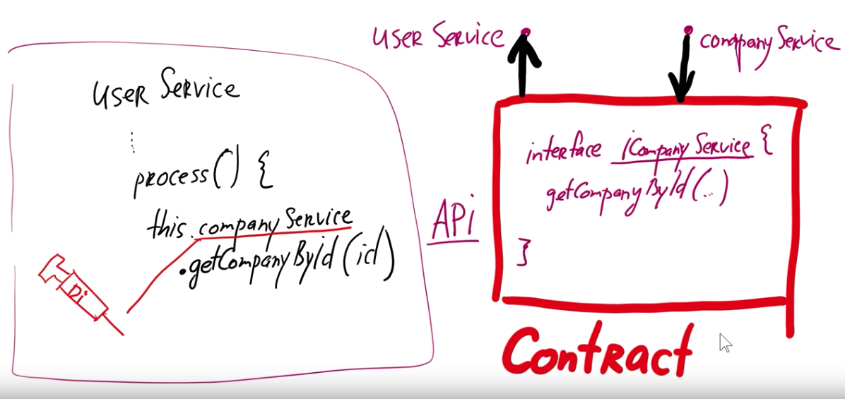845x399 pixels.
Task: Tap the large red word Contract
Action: pyautogui.click(x=596, y=351)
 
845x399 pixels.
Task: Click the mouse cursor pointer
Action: pyautogui.click(x=725, y=343)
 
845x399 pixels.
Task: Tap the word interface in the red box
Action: pyautogui.click(x=563, y=151)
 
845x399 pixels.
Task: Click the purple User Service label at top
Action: pyautogui.click(x=438, y=39)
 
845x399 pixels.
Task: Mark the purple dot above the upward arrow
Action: pyautogui.click(x=525, y=32)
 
